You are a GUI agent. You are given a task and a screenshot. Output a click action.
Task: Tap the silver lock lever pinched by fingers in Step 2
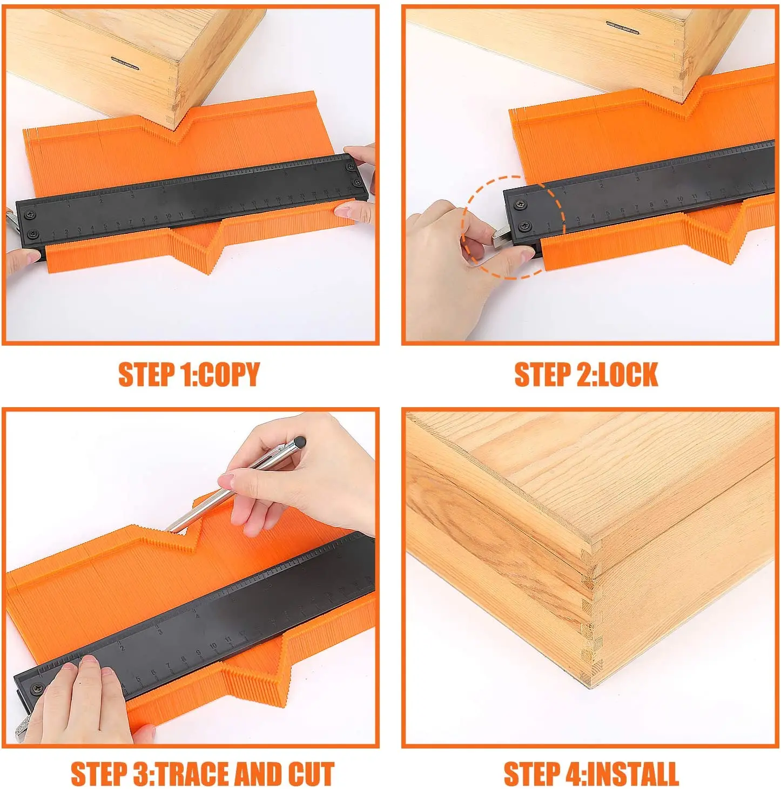click(x=502, y=238)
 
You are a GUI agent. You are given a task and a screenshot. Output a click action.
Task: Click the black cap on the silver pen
click(x=300, y=441)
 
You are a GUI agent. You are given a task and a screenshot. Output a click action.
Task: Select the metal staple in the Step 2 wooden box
click(x=622, y=27)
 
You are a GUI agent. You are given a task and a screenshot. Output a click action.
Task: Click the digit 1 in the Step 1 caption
click(x=184, y=374)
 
